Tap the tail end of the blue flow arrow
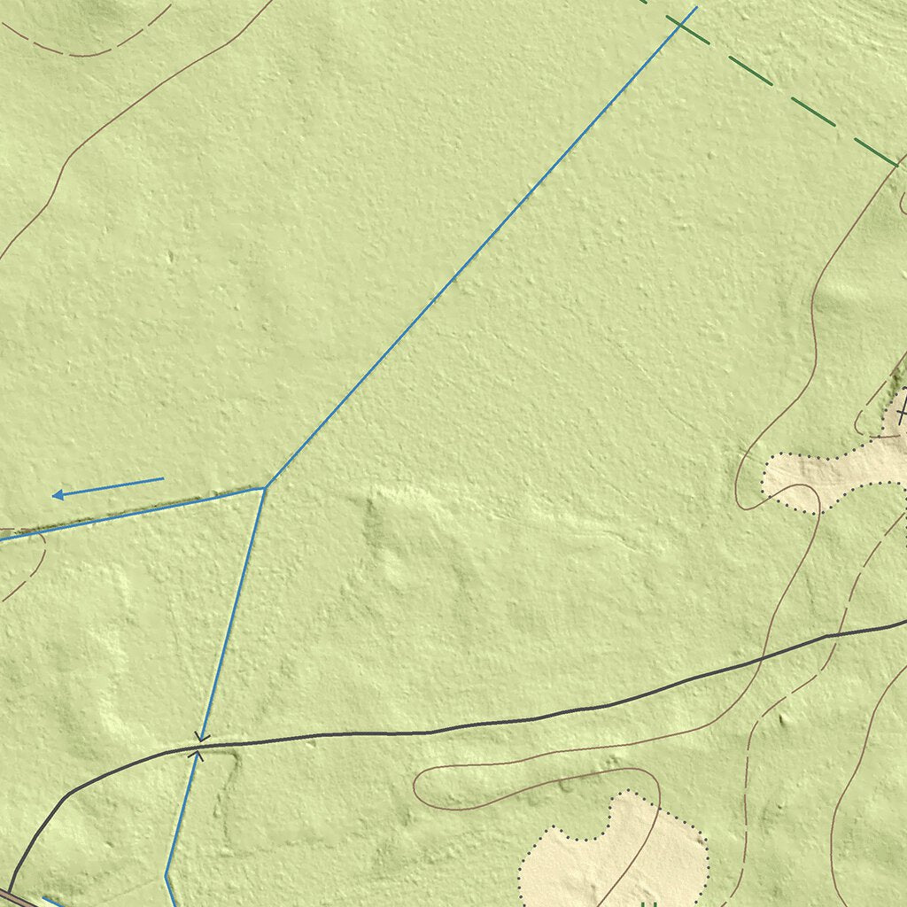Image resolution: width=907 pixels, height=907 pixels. [x=164, y=479]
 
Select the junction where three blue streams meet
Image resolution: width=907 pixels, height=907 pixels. [x=265, y=486]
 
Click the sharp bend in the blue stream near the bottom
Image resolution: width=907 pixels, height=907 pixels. [x=167, y=875]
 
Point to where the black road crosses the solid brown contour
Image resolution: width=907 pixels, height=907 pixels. [x=760, y=660]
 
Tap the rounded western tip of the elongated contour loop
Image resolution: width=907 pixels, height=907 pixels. [x=416, y=783]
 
